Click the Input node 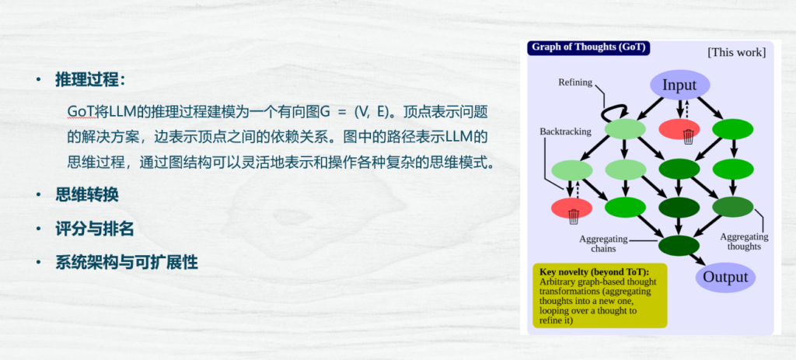pyautogui.click(x=679, y=85)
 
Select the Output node pyautogui.click(x=725, y=278)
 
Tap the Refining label pyautogui.click(x=575, y=82)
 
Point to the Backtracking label pyautogui.click(x=566, y=131)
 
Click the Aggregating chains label pyautogui.click(x=603, y=243)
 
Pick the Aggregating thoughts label pyautogui.click(x=744, y=242)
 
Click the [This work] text pyautogui.click(x=737, y=52)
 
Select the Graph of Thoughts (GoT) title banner pyautogui.click(x=588, y=47)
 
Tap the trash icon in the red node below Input pyautogui.click(x=689, y=136)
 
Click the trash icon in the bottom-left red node pyautogui.click(x=574, y=216)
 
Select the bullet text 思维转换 pyautogui.click(x=87, y=195)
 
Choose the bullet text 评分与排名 pyautogui.click(x=94, y=229)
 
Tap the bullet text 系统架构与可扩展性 pyautogui.click(x=127, y=263)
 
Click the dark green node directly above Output pyautogui.click(x=679, y=246)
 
